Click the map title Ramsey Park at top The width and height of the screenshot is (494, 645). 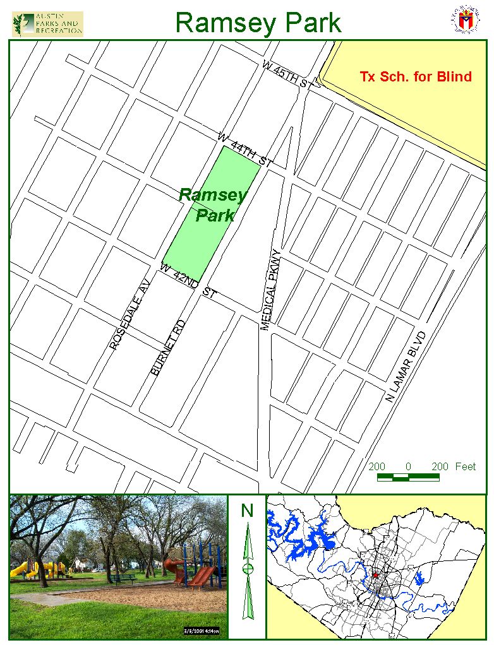[x=258, y=22]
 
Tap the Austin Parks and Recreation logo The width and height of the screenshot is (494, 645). [x=47, y=24]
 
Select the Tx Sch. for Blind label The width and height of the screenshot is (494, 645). [x=415, y=77]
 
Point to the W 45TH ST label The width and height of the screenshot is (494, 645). [x=287, y=74]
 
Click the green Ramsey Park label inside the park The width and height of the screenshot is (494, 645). [x=213, y=204]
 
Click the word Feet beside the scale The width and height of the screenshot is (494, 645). [x=465, y=466]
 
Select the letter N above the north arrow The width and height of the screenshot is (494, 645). [x=247, y=510]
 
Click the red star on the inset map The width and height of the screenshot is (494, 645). [x=375, y=575]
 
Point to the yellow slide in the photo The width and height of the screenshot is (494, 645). [x=23, y=570]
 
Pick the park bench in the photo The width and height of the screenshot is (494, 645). [x=125, y=577]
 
